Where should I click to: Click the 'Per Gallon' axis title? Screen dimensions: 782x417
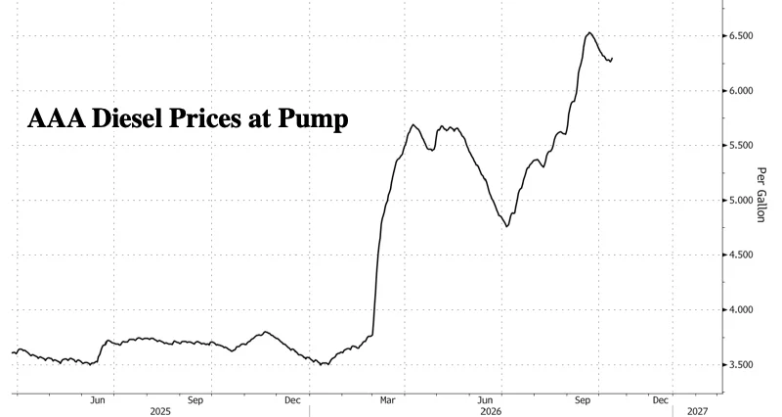[x=760, y=195]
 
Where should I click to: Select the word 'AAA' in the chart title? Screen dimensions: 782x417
[x=56, y=118]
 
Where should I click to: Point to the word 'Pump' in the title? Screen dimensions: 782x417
[x=313, y=120]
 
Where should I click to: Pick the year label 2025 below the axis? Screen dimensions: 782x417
[x=160, y=411]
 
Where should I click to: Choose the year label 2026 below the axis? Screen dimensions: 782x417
[x=491, y=411]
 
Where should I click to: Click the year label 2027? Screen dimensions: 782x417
[x=697, y=411]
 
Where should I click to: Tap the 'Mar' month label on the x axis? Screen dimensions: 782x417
[x=387, y=400]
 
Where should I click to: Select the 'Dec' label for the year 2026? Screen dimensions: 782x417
[x=661, y=400]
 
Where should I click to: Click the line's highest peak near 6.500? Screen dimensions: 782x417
[x=589, y=33]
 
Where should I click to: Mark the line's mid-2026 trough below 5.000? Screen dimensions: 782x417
[x=507, y=226]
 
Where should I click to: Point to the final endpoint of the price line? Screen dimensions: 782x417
[x=612, y=59]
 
